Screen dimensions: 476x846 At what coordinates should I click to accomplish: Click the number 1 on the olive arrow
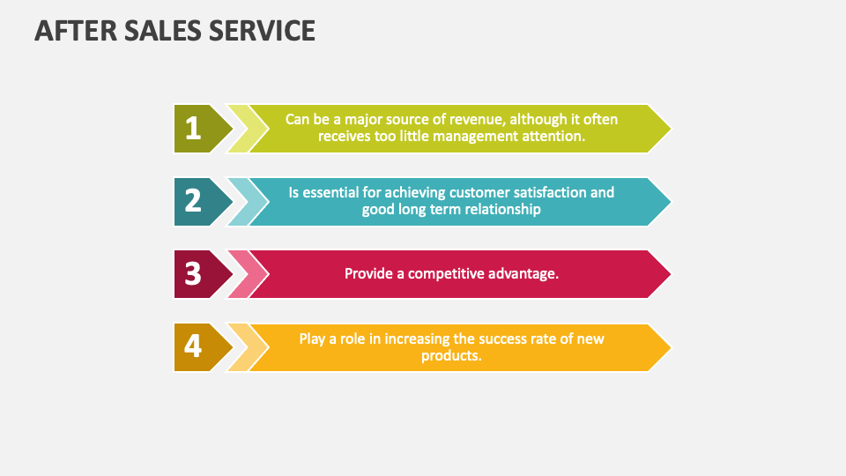[x=193, y=129]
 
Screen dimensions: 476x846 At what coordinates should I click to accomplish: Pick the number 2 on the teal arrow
[x=193, y=202]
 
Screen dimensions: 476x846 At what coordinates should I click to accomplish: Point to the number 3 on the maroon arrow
[x=193, y=274]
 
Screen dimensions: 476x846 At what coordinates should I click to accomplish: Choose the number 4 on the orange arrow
[x=193, y=347]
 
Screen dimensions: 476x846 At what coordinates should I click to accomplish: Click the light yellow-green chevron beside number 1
[x=240, y=129]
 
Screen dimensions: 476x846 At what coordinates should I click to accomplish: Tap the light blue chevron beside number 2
[x=240, y=202]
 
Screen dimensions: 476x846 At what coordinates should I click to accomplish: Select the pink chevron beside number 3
[x=240, y=274]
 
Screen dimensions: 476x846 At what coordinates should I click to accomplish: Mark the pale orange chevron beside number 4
[x=240, y=347]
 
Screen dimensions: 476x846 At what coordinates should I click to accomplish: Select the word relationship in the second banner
[x=498, y=209]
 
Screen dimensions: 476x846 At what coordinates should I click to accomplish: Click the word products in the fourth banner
[x=450, y=355]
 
